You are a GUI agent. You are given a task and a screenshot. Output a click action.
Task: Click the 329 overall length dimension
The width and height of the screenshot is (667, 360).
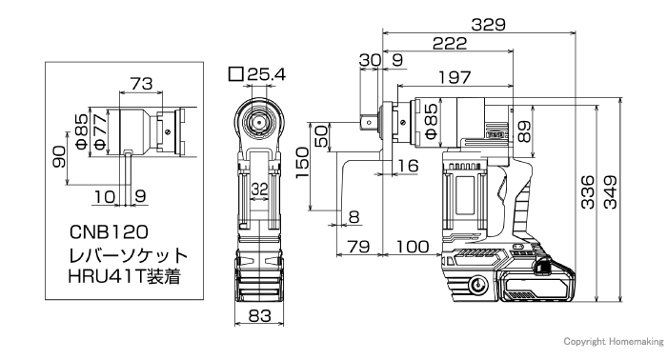coord(488,24)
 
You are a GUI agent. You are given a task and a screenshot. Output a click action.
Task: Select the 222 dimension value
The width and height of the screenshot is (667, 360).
coord(450,44)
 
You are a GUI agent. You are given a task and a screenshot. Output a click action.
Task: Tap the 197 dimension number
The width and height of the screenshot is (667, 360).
coord(455,78)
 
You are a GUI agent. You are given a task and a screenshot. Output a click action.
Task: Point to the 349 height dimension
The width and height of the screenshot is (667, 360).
coord(611,192)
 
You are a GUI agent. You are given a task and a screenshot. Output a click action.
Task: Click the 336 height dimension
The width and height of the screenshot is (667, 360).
coord(588,192)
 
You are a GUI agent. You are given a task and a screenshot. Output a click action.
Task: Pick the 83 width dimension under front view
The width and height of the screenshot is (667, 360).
coord(259,315)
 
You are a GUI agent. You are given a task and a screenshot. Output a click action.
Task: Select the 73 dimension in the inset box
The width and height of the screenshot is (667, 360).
coord(141,84)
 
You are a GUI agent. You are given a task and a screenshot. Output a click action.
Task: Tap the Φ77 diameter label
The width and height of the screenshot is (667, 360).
coord(99,131)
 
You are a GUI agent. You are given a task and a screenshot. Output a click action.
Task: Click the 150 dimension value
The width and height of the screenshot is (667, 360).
coord(302,163)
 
